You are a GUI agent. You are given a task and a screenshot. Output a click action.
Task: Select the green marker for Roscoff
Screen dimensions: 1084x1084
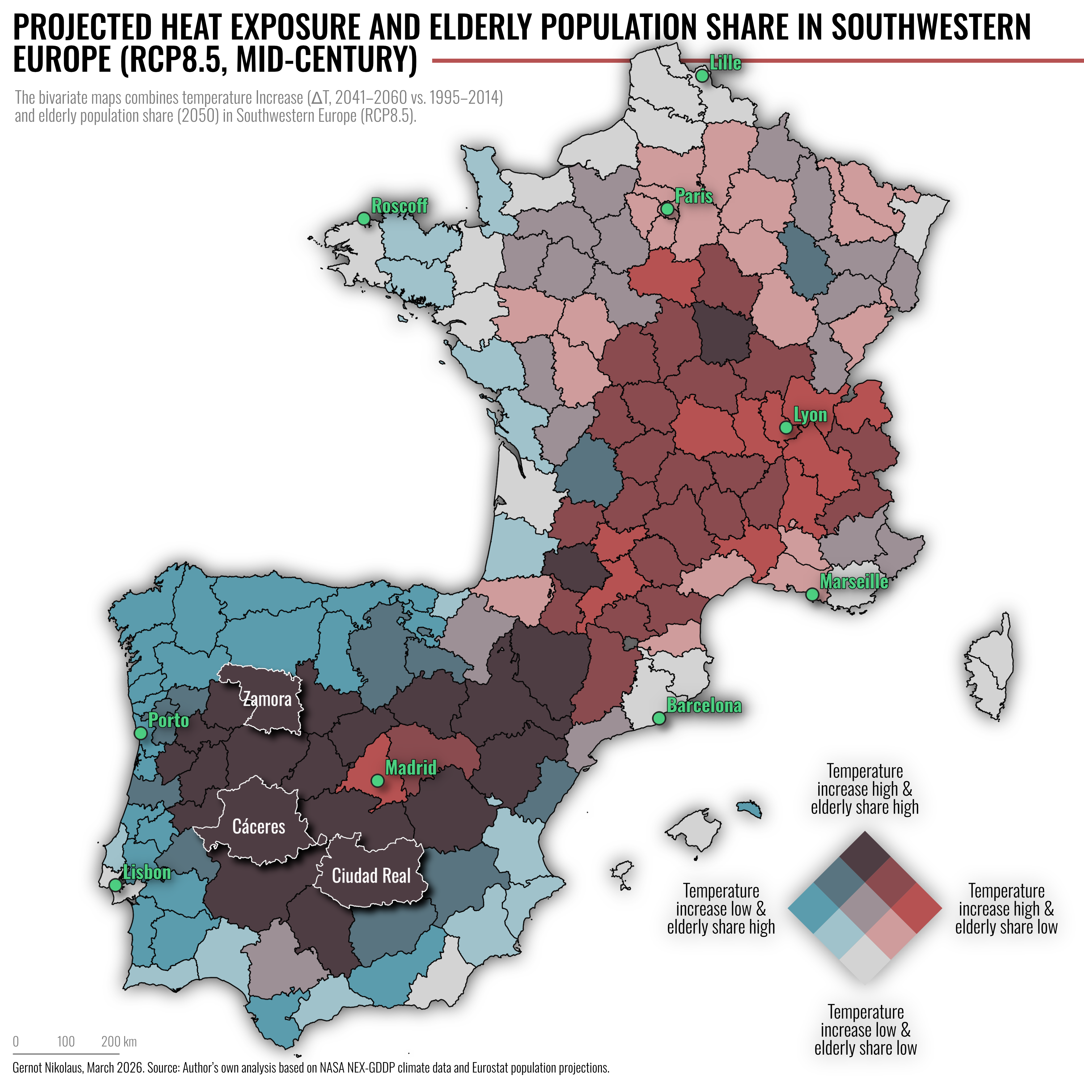364,218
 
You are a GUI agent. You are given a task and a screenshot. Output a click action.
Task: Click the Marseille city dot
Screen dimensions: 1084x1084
812,594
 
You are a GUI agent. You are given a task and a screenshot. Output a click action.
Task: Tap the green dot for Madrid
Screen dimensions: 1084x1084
378,781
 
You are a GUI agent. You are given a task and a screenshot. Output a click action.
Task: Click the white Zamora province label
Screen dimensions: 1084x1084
268,700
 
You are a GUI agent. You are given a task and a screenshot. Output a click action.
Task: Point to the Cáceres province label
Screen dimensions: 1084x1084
259,827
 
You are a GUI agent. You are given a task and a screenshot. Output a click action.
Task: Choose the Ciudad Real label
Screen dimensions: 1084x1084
371,875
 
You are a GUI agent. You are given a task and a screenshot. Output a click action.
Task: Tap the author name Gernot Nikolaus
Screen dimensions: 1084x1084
47,1068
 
